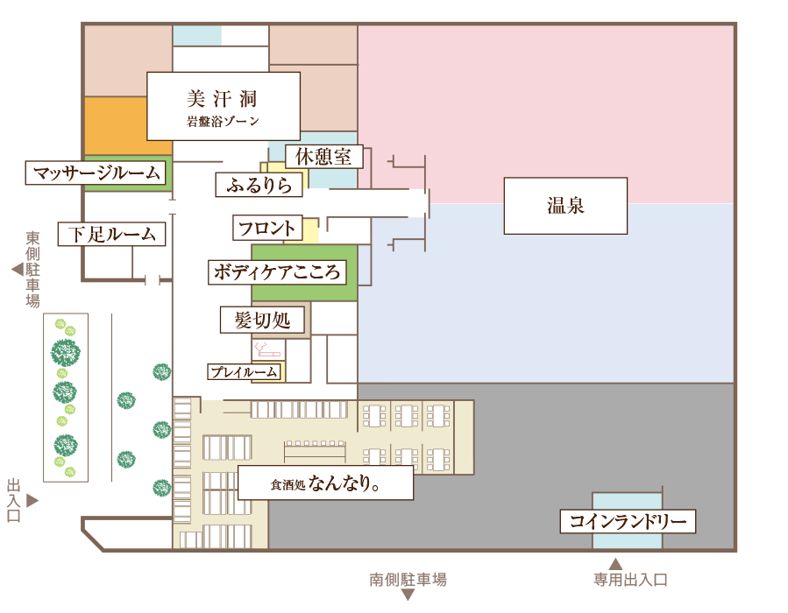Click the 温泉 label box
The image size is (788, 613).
point(565,206)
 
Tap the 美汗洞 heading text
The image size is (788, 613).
point(222,99)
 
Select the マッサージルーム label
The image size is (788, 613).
point(96,173)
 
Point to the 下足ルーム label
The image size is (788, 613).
point(111,234)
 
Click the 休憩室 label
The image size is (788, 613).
point(323,157)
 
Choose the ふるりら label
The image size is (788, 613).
point(259,185)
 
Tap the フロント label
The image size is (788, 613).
point(267,228)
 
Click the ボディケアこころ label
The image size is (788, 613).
point(277,272)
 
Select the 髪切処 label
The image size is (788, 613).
point(262,320)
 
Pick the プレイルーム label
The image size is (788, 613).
point(244,371)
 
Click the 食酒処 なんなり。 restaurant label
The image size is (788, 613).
point(325,483)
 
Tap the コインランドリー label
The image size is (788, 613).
point(628,522)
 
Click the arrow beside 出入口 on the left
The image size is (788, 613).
point(32,501)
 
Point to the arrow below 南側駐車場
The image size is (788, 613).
point(408,595)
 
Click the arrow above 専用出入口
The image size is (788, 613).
point(615,564)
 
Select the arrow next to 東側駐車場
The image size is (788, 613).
point(18,270)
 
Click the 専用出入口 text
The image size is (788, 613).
point(631,581)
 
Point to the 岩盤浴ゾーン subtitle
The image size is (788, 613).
point(223,121)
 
